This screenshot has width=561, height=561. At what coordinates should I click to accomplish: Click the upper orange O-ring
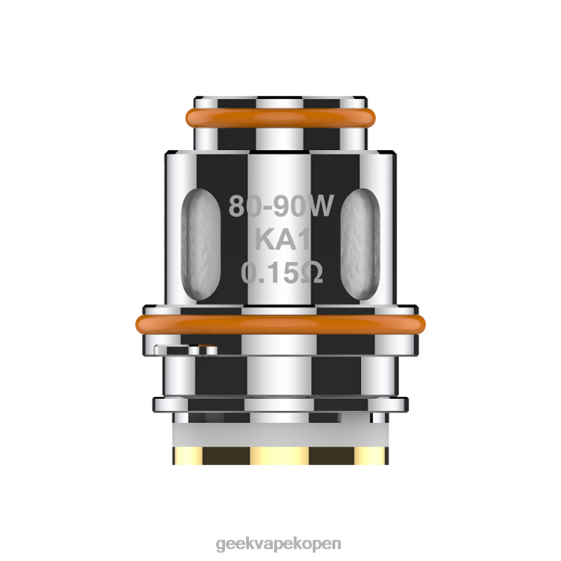tap(281, 117)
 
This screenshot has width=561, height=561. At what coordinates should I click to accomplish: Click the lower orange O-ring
tap(281, 325)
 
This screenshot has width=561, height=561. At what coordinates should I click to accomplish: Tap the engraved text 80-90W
tap(281, 206)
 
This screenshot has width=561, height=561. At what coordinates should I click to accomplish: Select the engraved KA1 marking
tap(282, 240)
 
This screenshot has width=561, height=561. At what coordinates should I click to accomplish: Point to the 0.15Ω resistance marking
tap(282, 273)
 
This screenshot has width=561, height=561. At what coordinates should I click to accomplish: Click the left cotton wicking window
tap(201, 244)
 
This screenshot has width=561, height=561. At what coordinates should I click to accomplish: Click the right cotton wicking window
tap(360, 244)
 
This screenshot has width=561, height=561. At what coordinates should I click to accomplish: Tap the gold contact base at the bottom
tap(281, 455)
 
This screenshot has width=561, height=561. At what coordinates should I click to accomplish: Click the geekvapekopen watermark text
tap(279, 544)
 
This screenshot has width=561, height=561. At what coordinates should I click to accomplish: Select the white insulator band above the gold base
tap(281, 435)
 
